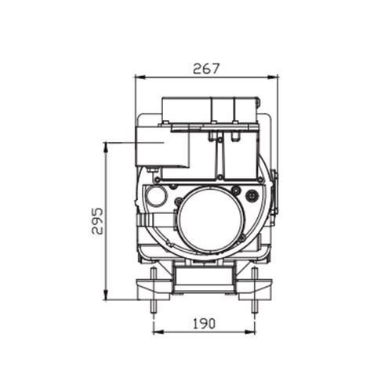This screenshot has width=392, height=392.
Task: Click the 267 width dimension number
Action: (206, 68)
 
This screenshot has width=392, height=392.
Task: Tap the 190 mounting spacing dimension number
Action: (204, 321)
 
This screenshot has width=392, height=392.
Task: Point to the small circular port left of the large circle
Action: (158, 196)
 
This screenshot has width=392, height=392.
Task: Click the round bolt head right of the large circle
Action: (252, 195)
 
